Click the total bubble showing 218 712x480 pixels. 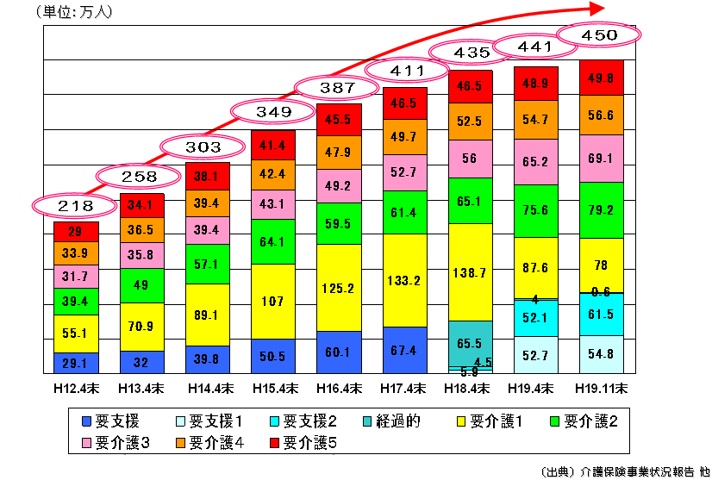pyautogui.click(x=75, y=207)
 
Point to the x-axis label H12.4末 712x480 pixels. pyautogui.click(x=75, y=388)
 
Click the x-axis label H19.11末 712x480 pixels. pyautogui.click(x=601, y=388)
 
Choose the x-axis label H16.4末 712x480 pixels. pyautogui.click(x=338, y=388)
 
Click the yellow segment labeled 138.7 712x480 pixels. pyautogui.click(x=470, y=272)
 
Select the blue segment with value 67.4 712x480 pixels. pyautogui.click(x=404, y=350)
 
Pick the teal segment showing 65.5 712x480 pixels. pyautogui.click(x=470, y=342)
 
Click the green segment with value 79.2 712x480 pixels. pyautogui.click(x=601, y=209)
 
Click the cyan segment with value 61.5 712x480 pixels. pyautogui.click(x=601, y=315)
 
